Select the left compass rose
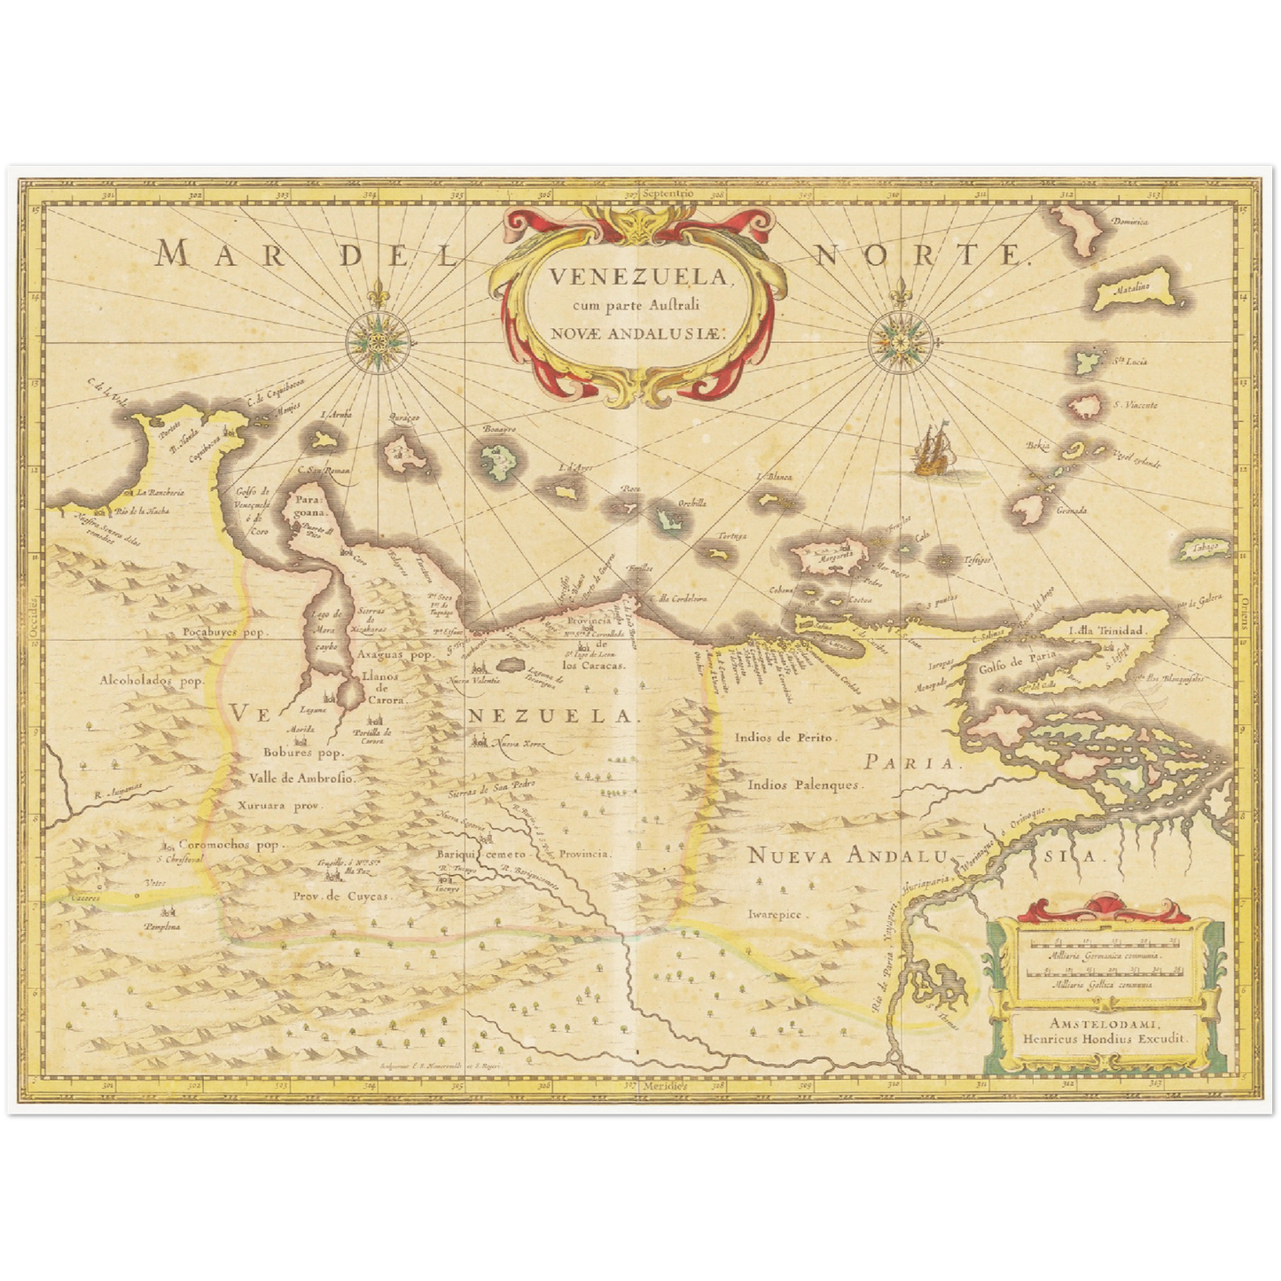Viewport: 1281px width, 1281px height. click(379, 339)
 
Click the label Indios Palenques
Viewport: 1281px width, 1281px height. click(803, 785)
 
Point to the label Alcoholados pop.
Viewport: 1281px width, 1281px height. click(152, 681)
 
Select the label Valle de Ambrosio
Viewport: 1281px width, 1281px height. click(302, 778)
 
